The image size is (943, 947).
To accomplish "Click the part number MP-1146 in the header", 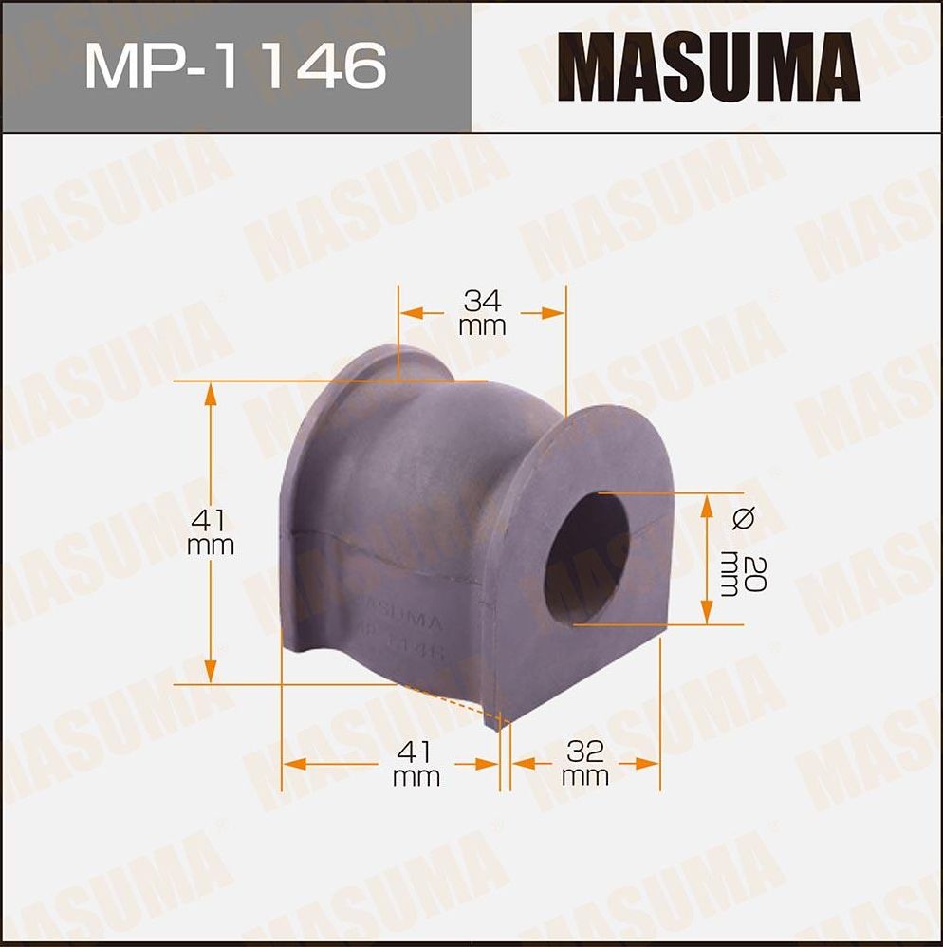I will tap(235, 65).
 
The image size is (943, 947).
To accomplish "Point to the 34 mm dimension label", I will tap(482, 313).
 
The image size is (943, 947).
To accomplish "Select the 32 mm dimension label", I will tap(584, 764).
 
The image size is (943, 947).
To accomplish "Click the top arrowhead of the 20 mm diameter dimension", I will tap(706, 504).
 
